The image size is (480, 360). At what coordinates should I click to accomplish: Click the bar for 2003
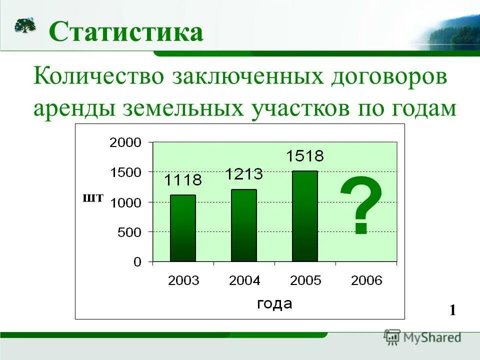click(182, 228)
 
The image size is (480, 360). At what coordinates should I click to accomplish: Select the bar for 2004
click(243, 225)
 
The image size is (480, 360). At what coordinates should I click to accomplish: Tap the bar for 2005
click(304, 216)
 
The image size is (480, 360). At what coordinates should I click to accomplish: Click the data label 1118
click(183, 179)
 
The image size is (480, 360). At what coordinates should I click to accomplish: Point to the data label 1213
click(243, 174)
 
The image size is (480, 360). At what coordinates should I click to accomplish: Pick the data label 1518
click(304, 156)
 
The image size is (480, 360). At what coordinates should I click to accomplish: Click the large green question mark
click(360, 205)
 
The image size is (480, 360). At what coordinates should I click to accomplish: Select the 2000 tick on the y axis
click(125, 142)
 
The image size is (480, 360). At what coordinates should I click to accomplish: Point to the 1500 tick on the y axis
click(125, 172)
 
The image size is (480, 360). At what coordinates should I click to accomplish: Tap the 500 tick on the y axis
click(129, 232)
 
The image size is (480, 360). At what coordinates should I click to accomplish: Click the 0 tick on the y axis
click(137, 262)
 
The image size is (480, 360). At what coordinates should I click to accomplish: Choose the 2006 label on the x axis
click(366, 280)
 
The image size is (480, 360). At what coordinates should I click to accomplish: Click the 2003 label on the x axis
click(183, 280)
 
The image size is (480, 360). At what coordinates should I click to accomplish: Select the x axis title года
click(274, 303)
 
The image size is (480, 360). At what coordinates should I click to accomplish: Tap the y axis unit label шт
click(93, 198)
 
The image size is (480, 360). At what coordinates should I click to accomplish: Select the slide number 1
click(452, 310)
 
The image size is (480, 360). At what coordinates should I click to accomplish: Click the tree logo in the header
click(25, 24)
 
